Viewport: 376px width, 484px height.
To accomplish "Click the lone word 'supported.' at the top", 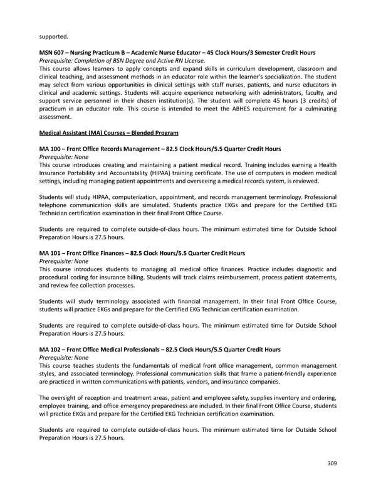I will coord(53,36).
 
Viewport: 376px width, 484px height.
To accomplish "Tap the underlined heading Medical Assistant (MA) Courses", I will coord(108,133).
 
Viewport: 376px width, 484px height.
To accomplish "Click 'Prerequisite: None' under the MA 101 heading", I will coord(64,262).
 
